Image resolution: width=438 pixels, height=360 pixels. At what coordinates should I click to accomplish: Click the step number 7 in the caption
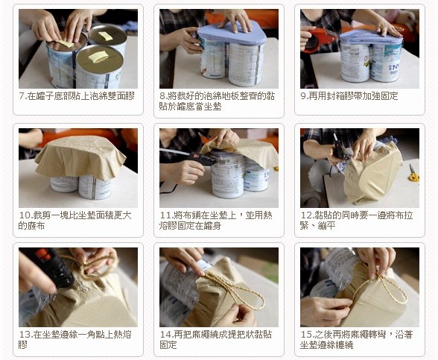(22, 96)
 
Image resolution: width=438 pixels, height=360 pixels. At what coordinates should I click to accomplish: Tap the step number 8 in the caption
(162, 96)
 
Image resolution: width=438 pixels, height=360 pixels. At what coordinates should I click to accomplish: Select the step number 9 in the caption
(303, 96)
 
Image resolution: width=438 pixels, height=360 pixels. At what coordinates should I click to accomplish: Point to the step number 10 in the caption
(25, 215)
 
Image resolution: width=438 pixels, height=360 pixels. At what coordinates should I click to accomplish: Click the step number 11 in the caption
(165, 215)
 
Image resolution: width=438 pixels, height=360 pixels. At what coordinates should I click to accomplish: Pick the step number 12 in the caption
(306, 215)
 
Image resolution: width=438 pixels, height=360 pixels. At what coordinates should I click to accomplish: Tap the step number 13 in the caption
(25, 335)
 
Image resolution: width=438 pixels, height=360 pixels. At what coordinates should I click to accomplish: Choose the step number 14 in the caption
(165, 335)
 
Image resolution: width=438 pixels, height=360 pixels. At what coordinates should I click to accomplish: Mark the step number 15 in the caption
(306, 335)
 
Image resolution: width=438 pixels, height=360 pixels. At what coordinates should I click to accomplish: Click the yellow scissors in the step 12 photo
(413, 174)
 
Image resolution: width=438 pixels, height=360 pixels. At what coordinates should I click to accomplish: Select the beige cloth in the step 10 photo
(80, 157)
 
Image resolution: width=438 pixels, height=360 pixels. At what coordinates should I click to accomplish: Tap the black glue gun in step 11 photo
(193, 157)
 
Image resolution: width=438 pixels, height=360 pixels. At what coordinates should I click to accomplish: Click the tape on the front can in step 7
(98, 57)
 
